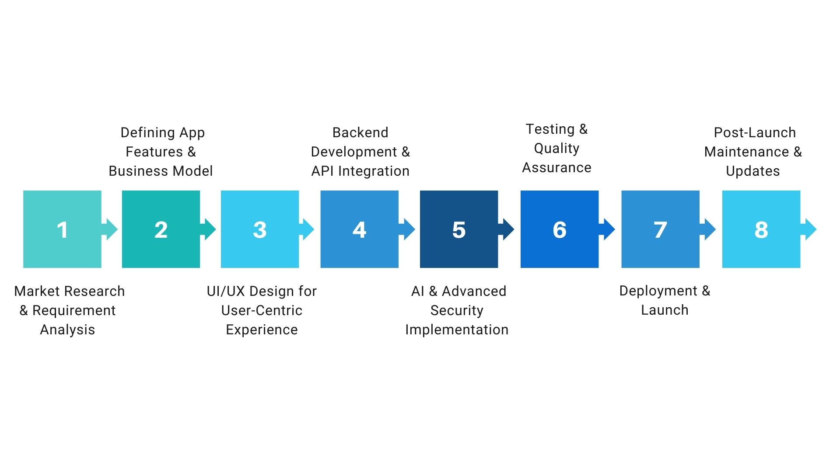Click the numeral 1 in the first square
click(x=63, y=230)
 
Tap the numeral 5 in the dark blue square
click(x=459, y=230)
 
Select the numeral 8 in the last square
click(x=761, y=230)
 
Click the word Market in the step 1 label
click(x=37, y=291)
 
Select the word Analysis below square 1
click(x=67, y=330)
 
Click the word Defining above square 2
click(x=147, y=133)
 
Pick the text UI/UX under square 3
click(x=226, y=291)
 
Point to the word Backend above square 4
click(x=360, y=132)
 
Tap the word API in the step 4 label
click(x=322, y=171)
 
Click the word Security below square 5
click(x=457, y=310)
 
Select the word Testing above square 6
click(x=550, y=129)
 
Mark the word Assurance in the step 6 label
click(x=556, y=167)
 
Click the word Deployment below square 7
click(x=658, y=291)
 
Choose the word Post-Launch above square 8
click(x=755, y=132)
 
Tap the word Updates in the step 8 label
click(x=752, y=171)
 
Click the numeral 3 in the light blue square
click(x=260, y=230)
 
